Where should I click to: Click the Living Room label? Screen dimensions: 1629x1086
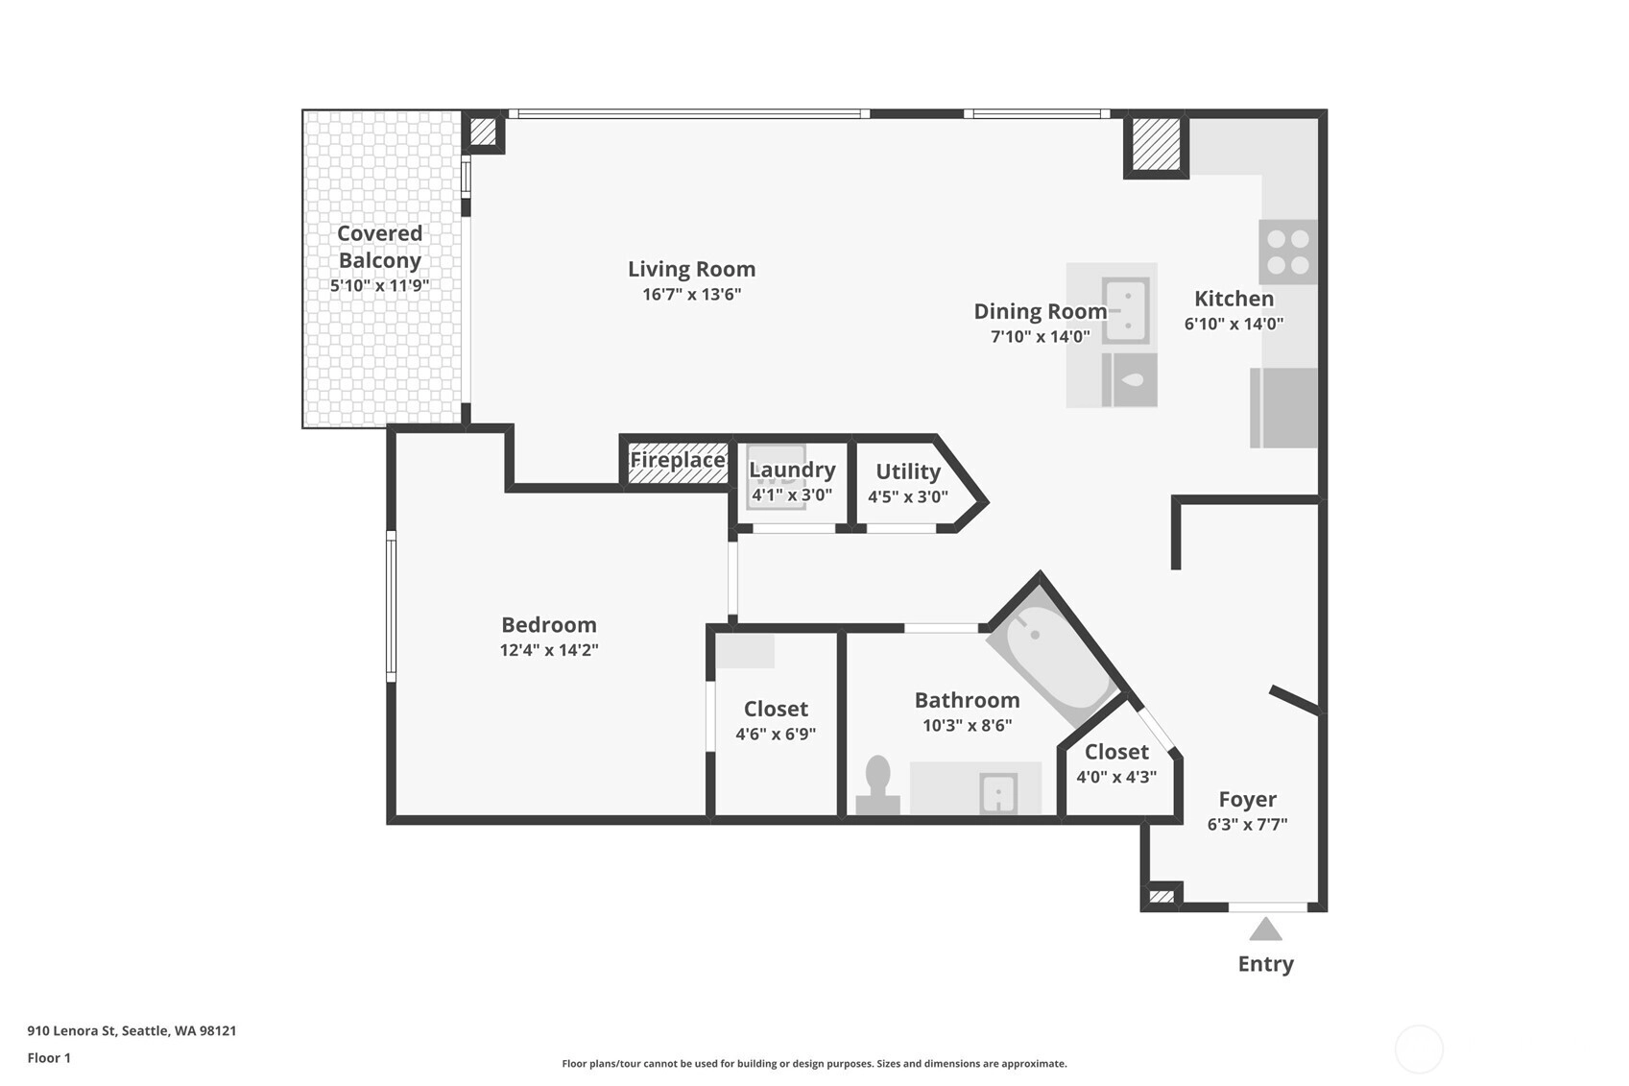pos(691,269)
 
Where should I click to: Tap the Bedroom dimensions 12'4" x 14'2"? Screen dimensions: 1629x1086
pos(549,650)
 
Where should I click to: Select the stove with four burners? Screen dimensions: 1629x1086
pos(1288,252)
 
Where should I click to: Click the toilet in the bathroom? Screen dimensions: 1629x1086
pos(877,784)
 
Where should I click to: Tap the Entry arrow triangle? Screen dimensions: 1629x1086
pos(1265,929)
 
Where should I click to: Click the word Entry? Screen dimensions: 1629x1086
pos(1266,964)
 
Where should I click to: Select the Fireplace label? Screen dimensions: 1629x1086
pos(678,460)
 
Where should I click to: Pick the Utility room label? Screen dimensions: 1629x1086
pos(908,472)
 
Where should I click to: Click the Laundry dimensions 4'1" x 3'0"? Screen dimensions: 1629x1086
pos(792,495)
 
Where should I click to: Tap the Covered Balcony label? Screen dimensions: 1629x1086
pos(379,247)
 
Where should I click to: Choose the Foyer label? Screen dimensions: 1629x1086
pos(1248,800)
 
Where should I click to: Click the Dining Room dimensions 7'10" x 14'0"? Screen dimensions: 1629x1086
pos(1041,337)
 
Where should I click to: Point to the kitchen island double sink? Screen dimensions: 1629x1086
pos(1126,310)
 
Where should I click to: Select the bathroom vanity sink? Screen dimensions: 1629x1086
pos(998,792)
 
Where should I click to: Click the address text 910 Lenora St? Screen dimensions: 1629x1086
pos(72,1030)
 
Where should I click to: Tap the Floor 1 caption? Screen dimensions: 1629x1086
pos(50,1058)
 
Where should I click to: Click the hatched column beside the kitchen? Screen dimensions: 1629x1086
pos(1157,145)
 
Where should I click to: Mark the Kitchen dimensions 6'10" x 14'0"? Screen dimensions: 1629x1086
pos(1234,325)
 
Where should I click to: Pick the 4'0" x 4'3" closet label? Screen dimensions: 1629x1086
pos(1116,778)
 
